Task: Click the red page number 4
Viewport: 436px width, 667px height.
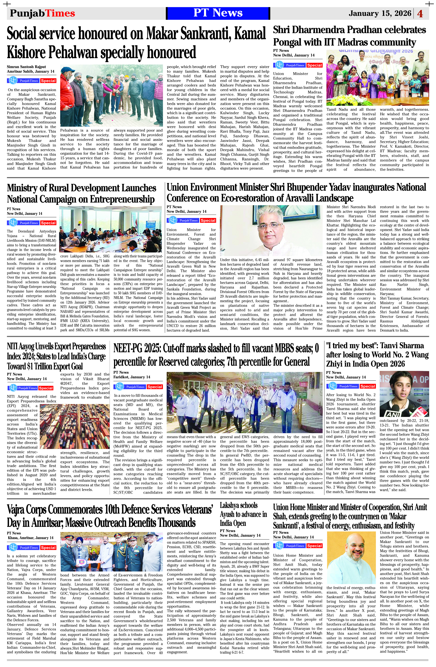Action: tap(420, 14)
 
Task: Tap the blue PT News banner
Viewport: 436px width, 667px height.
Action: tap(218, 13)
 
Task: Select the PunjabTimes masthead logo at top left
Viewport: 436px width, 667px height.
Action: tap(42, 13)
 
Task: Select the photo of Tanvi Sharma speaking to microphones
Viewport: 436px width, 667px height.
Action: tap(404, 394)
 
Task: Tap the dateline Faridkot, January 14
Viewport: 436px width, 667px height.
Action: tap(132, 377)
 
